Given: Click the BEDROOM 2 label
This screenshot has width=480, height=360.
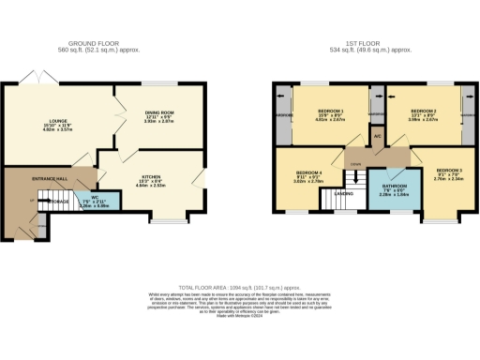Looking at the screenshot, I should click(421, 112).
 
